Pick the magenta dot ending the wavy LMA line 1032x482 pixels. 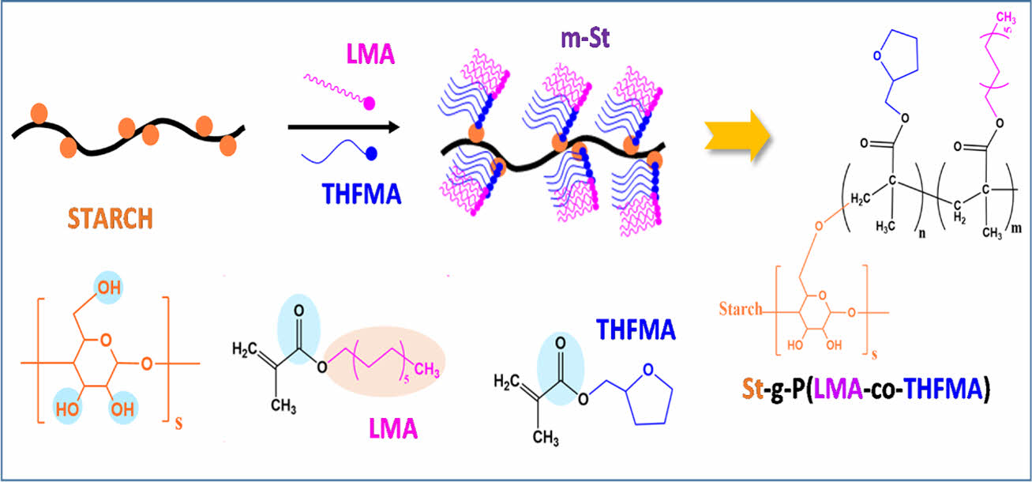tap(369, 103)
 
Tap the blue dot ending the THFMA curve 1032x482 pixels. tap(371, 152)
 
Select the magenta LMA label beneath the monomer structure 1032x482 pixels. tap(394, 430)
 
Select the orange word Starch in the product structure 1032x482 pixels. tap(741, 309)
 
